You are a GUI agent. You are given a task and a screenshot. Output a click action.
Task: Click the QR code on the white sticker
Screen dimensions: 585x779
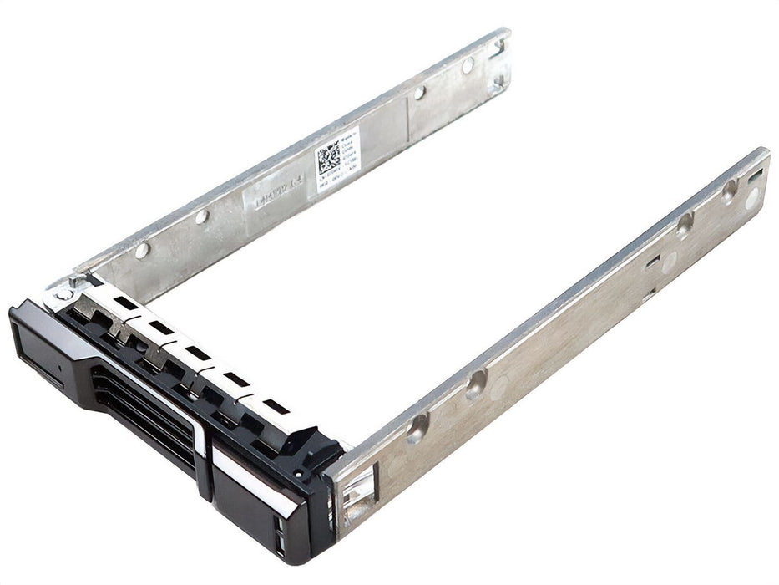328,158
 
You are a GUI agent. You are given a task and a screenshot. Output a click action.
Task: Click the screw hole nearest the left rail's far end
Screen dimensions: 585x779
468,64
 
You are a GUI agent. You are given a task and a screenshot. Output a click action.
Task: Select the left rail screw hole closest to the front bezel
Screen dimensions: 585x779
142,249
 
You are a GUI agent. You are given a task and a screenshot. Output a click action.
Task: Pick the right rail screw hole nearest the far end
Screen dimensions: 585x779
729,189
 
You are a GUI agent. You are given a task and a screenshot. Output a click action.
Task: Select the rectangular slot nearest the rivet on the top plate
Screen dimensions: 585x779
126,303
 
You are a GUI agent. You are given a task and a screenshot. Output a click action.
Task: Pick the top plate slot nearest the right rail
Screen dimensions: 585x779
276,407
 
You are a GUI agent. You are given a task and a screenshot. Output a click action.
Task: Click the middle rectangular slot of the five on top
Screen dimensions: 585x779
198,352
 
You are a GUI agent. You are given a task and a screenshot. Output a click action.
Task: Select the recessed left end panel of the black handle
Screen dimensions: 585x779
38,351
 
